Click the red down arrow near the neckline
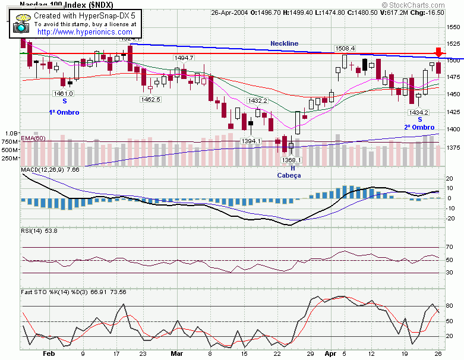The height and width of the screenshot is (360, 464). [x=438, y=52]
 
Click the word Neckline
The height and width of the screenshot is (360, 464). [x=285, y=43]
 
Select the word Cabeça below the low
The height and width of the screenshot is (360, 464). [x=289, y=175]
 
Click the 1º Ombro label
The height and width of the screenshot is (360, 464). [x=64, y=112]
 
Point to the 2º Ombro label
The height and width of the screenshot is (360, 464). [x=419, y=127]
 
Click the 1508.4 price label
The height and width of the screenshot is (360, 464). [x=345, y=48]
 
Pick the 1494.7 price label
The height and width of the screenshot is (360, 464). [x=184, y=58]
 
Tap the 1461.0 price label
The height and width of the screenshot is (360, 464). [x=63, y=93]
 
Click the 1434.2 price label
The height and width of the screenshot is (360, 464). [x=419, y=112]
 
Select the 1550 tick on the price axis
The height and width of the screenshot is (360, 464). [x=454, y=27]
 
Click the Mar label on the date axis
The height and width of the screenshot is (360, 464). [x=177, y=353]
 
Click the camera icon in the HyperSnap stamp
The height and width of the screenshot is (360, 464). [x=22, y=24]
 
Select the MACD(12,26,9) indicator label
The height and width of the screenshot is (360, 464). [x=42, y=170]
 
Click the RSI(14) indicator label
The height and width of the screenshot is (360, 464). [x=31, y=230]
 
